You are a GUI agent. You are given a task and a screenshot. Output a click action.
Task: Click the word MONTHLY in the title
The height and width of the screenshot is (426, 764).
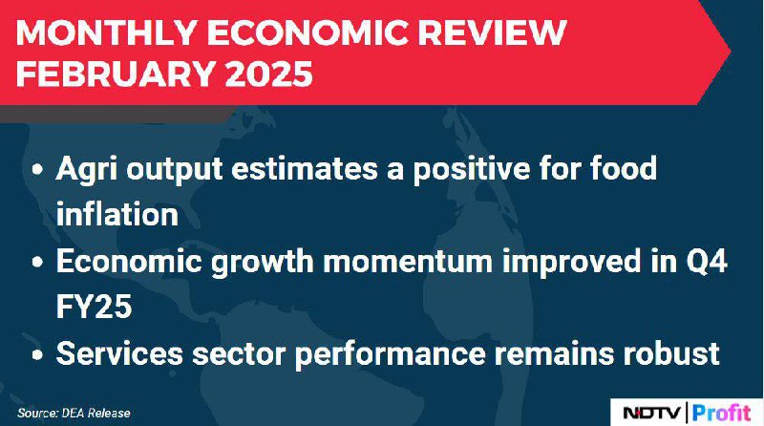pos(106,33)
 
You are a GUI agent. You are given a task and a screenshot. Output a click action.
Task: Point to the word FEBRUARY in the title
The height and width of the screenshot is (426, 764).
pos(117,74)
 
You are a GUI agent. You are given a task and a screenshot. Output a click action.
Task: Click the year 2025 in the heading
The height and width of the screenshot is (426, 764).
pos(269,74)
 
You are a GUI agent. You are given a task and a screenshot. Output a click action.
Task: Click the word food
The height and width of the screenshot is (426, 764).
pos(624,168)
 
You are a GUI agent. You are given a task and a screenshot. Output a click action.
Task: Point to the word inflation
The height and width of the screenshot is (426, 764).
pos(117,214)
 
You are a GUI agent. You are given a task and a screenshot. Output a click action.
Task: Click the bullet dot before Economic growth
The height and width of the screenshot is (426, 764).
pos(37,263)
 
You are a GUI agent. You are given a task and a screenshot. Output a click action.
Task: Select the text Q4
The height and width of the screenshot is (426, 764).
pos(707,262)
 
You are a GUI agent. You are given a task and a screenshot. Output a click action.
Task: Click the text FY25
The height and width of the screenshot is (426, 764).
pos(94,307)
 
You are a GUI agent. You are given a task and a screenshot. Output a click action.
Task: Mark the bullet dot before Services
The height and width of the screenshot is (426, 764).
pos(37,354)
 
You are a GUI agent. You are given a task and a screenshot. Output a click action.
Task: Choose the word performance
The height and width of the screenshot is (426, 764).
pos(391,354)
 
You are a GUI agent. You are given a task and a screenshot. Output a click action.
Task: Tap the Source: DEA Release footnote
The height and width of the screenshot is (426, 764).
pos(74,414)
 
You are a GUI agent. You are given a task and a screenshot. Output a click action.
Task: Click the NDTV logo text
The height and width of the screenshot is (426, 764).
pos(652,414)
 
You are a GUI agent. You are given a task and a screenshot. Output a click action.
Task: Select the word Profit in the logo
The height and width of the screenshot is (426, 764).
pos(721,413)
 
